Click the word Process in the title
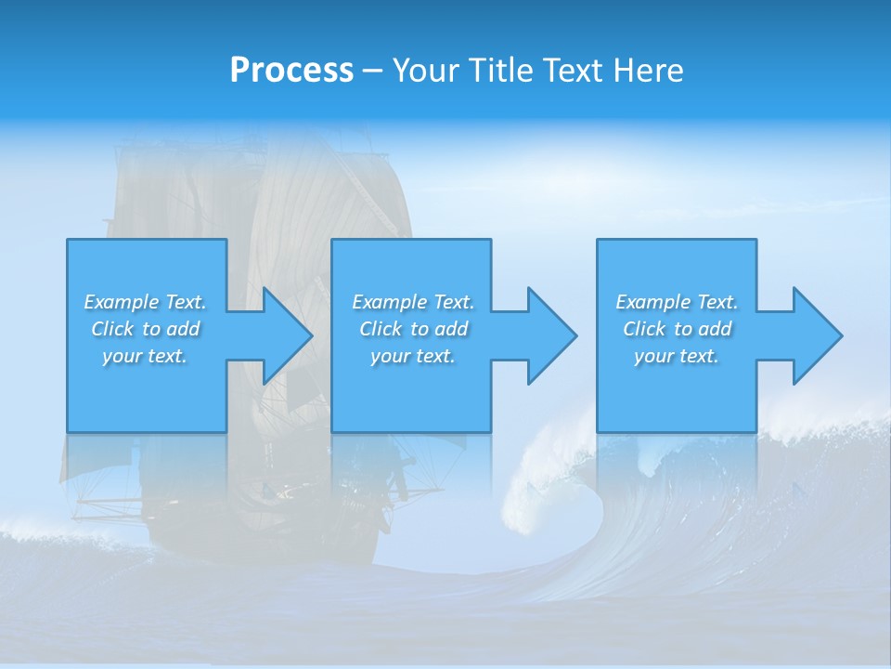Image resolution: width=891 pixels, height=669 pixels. (x=291, y=71)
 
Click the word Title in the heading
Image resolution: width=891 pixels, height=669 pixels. (x=498, y=71)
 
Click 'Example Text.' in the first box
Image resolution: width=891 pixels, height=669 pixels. (x=145, y=302)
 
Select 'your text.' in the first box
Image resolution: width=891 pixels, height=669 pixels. (x=145, y=356)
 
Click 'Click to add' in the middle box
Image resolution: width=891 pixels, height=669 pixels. (x=413, y=329)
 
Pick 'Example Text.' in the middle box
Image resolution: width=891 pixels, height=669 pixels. (x=413, y=302)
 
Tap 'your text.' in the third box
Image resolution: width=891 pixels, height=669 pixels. (x=677, y=356)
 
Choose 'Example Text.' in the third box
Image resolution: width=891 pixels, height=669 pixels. (x=677, y=302)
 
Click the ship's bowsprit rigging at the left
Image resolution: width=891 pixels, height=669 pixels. (x=102, y=506)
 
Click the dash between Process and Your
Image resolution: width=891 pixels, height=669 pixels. (x=372, y=72)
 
